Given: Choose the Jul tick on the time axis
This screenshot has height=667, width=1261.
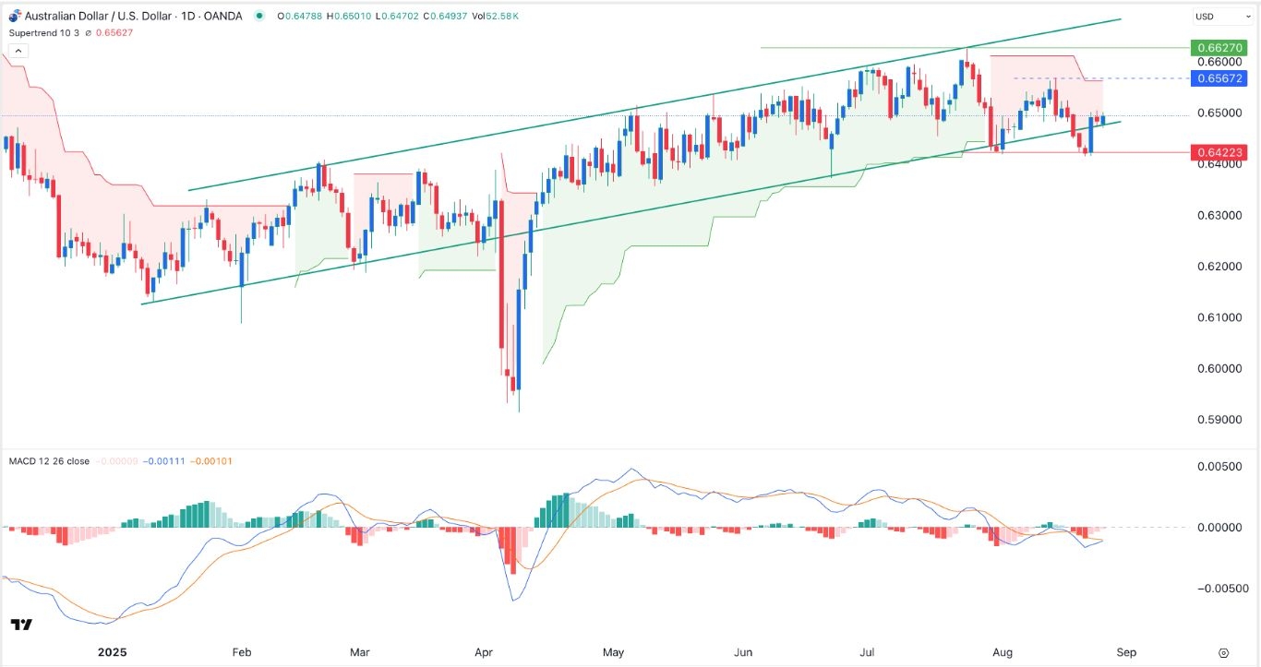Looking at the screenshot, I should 867,651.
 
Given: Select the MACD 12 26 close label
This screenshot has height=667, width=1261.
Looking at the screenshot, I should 48,461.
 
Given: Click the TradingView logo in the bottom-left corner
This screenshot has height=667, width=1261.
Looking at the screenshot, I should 22,625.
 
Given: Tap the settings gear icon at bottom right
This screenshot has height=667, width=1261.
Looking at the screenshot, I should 1223,651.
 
